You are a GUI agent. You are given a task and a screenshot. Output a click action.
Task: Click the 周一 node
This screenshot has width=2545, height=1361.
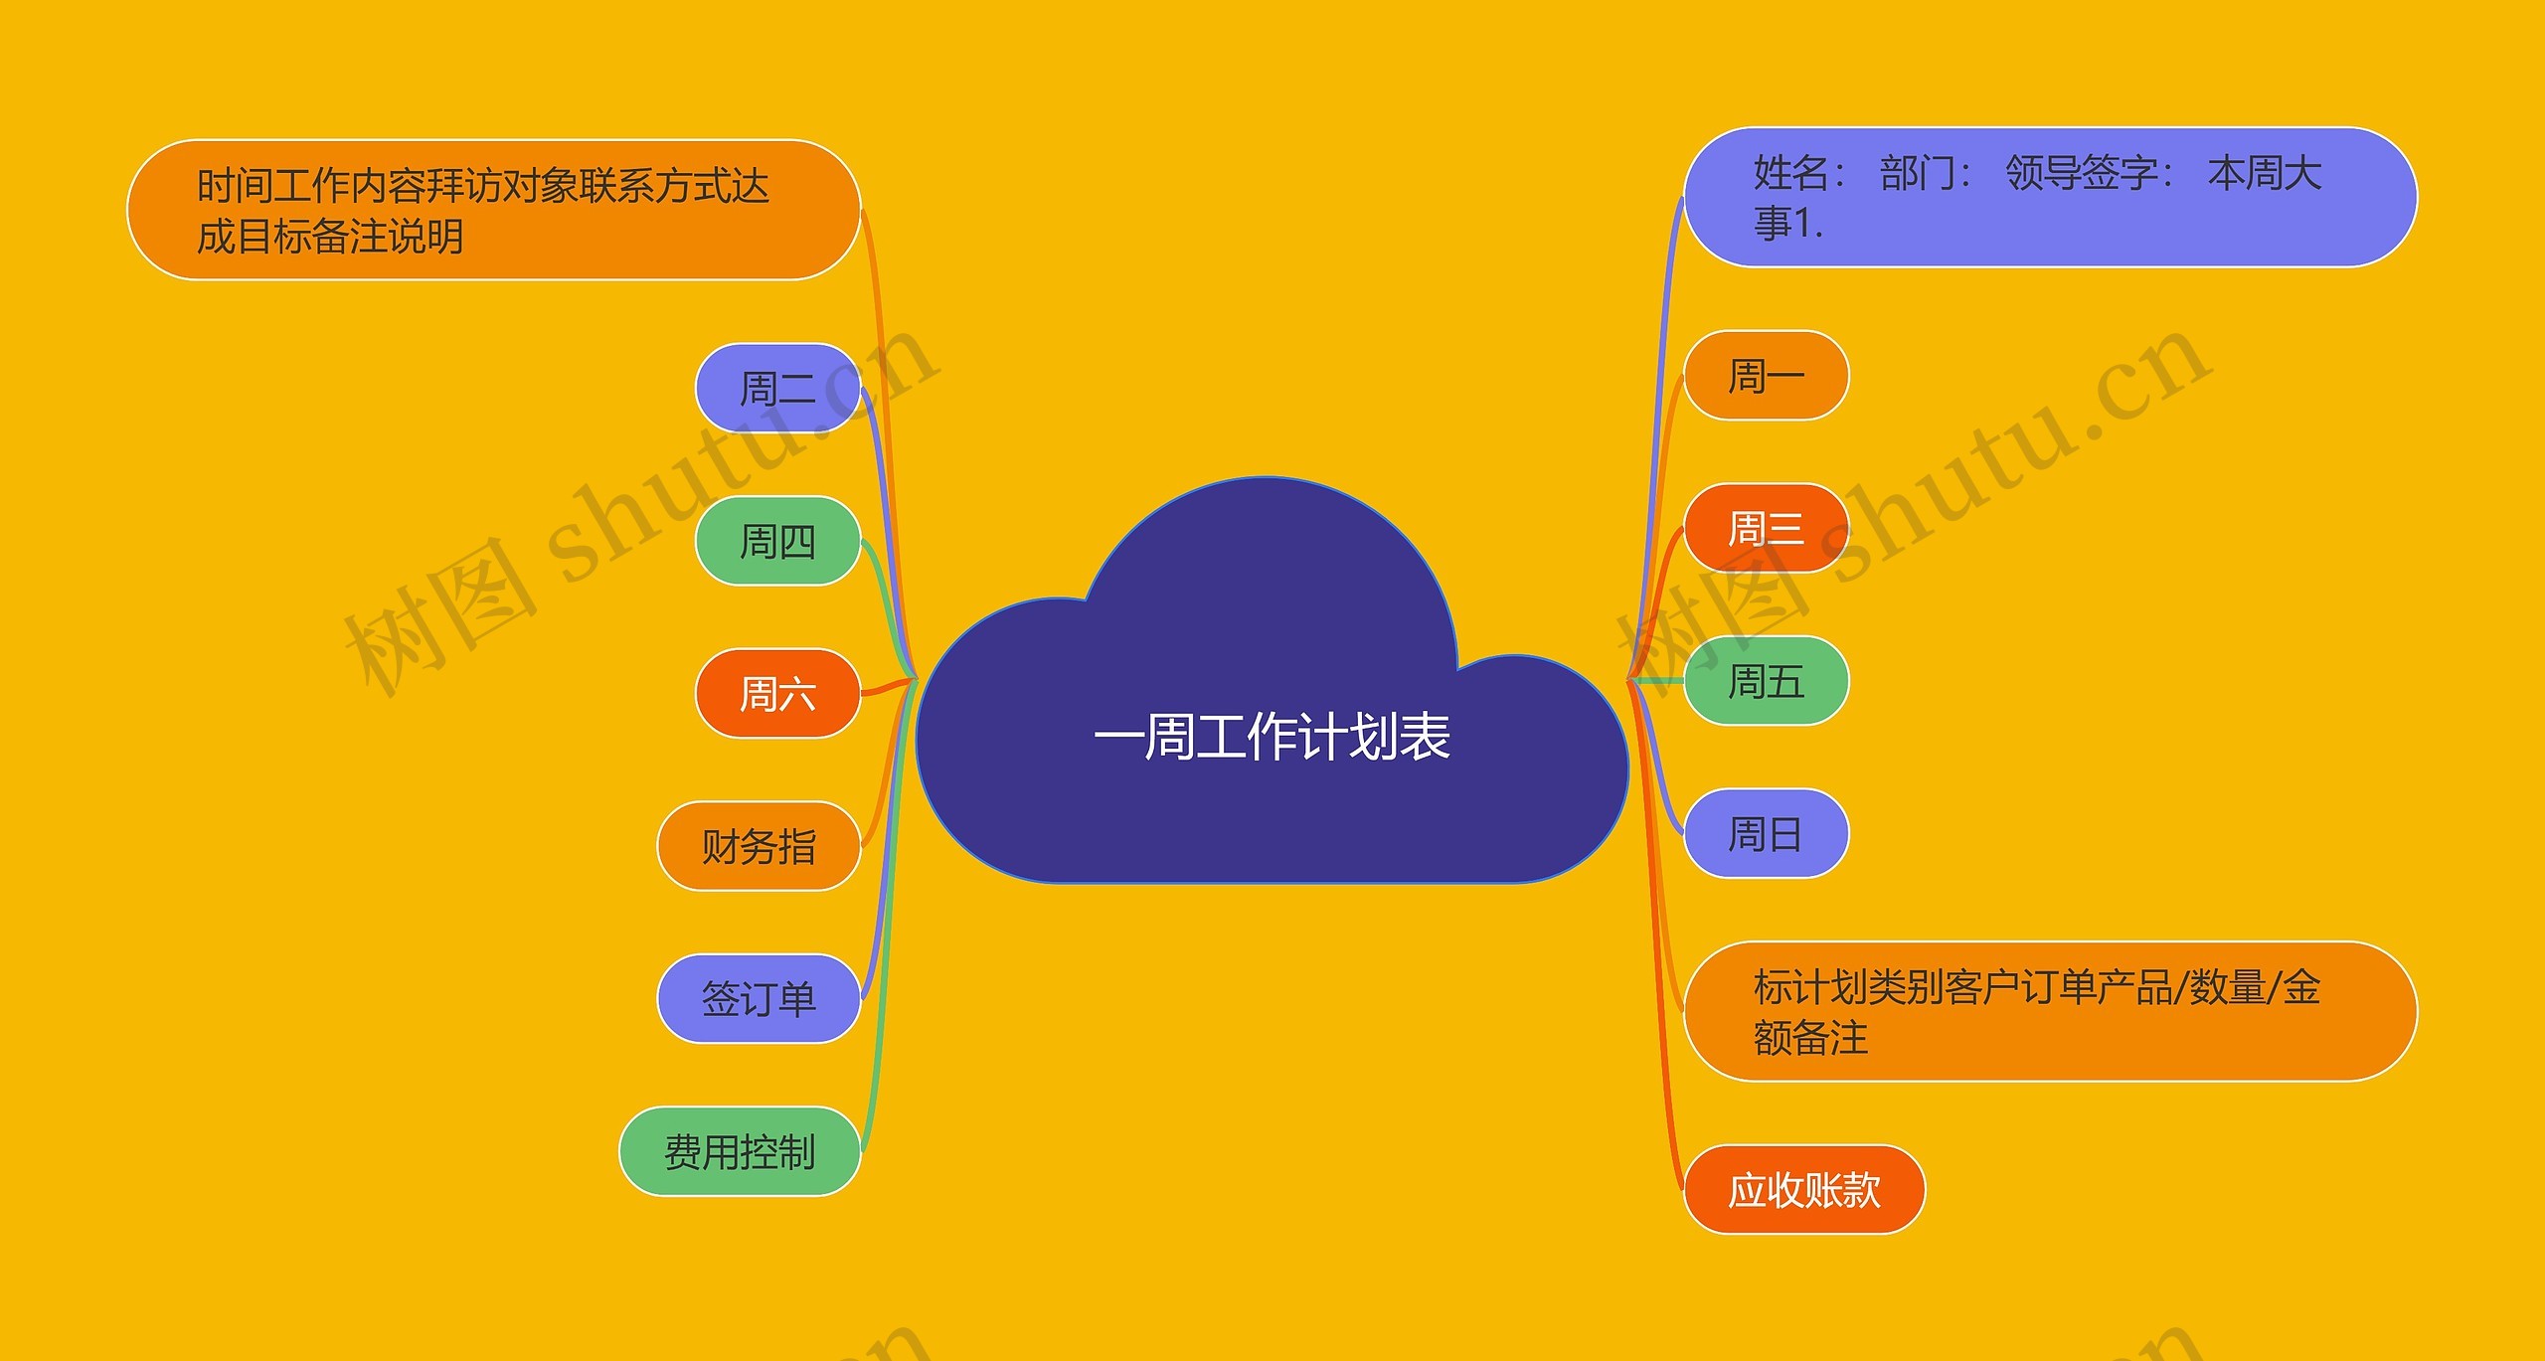coord(1766,377)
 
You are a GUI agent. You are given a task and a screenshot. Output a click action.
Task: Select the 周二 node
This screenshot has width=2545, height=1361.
coord(776,389)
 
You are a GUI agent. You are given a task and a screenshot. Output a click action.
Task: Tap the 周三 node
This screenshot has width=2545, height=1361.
coord(1766,529)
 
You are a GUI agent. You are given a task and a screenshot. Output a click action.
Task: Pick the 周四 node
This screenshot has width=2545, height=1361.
coord(776,542)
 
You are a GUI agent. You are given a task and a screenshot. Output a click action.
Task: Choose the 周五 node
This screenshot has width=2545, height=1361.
coord(1766,682)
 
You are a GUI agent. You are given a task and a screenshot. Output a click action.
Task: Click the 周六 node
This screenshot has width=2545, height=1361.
coord(776,694)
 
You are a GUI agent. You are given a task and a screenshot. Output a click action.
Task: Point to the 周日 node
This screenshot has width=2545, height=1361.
coord(1766,834)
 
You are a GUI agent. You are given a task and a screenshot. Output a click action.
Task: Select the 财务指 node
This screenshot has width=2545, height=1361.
coord(759,847)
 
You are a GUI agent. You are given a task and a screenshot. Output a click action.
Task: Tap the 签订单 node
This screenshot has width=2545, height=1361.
coord(759,999)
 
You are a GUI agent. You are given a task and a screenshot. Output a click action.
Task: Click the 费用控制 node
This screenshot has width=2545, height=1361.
coord(740,1152)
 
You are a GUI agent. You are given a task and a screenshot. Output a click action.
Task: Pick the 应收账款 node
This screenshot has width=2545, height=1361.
coord(1803,1190)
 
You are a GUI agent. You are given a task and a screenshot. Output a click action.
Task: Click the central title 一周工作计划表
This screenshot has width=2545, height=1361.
coord(1272,737)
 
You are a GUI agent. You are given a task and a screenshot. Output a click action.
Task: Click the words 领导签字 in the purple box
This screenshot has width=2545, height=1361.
coord(2082,174)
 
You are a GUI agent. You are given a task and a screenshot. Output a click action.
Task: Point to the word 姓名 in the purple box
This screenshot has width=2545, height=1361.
coord(1791,174)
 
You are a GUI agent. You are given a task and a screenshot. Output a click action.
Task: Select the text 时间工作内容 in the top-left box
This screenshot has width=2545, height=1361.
coord(311,186)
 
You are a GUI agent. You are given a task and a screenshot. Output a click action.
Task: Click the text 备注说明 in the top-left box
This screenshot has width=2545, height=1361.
coord(388,238)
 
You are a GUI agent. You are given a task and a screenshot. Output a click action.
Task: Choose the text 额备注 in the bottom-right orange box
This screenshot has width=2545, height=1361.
coord(1810,1039)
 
